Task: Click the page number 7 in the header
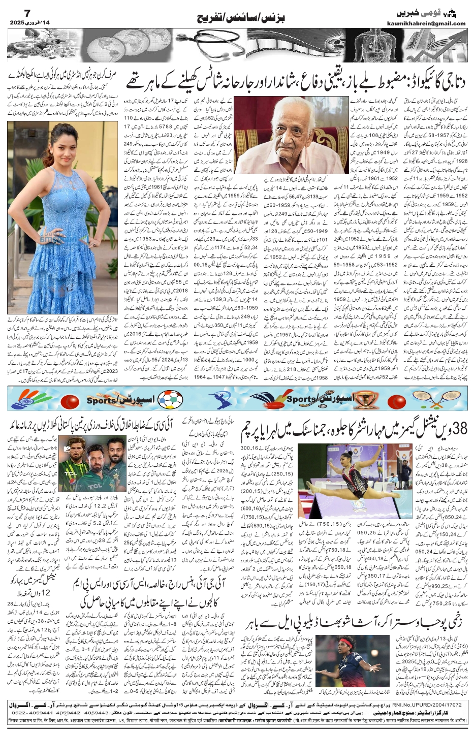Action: click(x=14, y=12)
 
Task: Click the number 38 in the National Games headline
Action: click(x=455, y=429)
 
